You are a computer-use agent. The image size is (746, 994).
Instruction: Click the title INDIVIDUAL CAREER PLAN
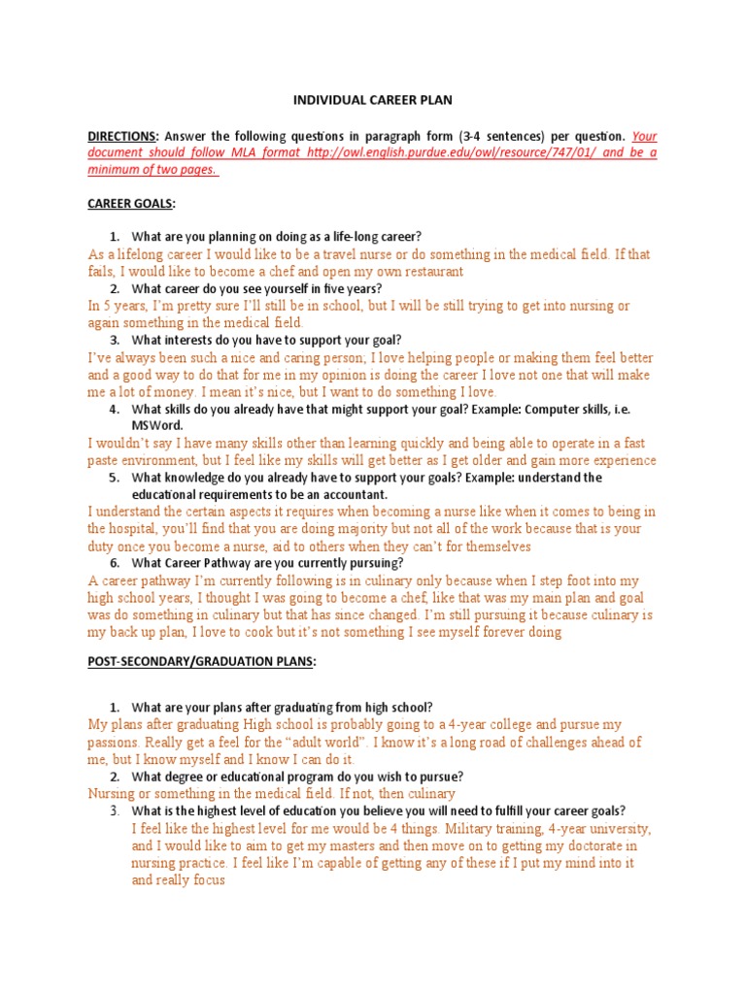pyautogui.click(x=373, y=99)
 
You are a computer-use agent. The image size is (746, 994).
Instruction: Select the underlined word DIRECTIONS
pyautogui.click(x=121, y=137)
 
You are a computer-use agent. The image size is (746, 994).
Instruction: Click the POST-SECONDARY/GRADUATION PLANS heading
pyautogui.click(x=201, y=662)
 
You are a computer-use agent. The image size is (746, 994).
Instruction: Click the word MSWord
pyautogui.click(x=157, y=425)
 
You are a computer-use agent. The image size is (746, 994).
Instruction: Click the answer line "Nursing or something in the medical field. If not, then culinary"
pyautogui.click(x=271, y=794)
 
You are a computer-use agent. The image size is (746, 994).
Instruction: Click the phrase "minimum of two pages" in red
pyautogui.click(x=151, y=170)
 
